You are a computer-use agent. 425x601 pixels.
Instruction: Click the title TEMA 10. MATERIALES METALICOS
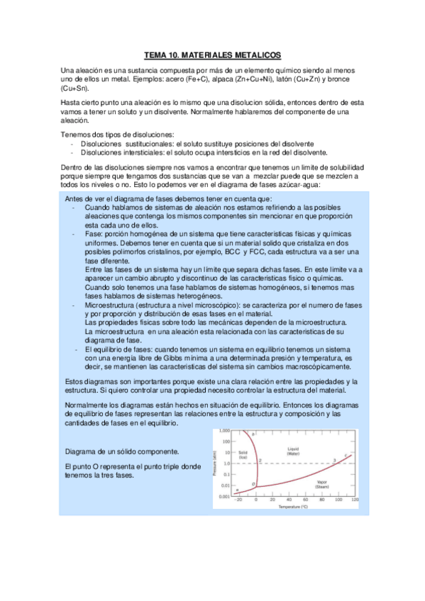pos(213,55)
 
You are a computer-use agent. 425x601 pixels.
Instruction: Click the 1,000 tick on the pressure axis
pos(223,431)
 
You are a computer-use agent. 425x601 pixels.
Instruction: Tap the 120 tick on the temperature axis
pos(355,501)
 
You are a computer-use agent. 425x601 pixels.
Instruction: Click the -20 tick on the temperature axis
pos(238,501)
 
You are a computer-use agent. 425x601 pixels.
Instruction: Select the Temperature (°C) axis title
pos(292,507)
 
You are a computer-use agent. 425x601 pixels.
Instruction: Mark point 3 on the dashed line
pos(334,461)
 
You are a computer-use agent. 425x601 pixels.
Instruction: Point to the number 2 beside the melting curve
pos(260,461)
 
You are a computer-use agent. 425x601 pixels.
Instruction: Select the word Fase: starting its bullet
pos(94,234)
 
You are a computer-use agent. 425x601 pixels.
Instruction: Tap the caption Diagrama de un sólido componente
pos(121,451)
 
